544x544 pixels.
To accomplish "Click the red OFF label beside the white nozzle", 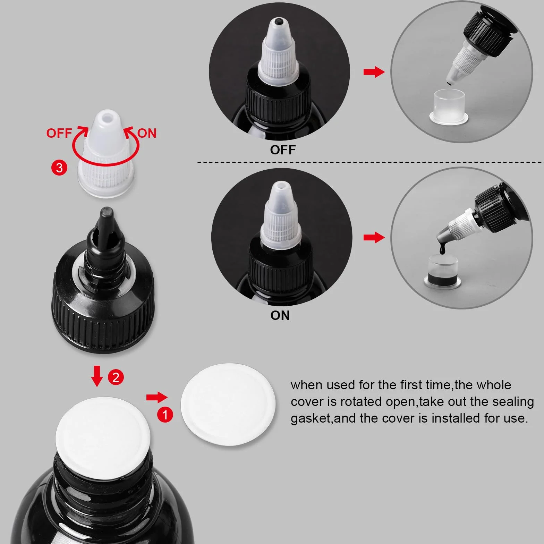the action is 59,133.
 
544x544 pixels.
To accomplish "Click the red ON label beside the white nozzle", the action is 147,133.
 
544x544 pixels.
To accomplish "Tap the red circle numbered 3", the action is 59,168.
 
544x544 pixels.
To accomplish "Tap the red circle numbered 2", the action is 116,377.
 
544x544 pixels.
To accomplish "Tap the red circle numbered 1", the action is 165,414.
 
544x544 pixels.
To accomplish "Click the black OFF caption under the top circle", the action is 283,150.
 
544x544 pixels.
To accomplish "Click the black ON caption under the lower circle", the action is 280,315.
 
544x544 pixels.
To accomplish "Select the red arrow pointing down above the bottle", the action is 97,376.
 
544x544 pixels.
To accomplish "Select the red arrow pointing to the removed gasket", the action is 157,397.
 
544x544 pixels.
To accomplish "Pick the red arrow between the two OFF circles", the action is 374,72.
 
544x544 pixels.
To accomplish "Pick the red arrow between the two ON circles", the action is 374,238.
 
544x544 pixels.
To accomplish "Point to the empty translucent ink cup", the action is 449,106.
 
